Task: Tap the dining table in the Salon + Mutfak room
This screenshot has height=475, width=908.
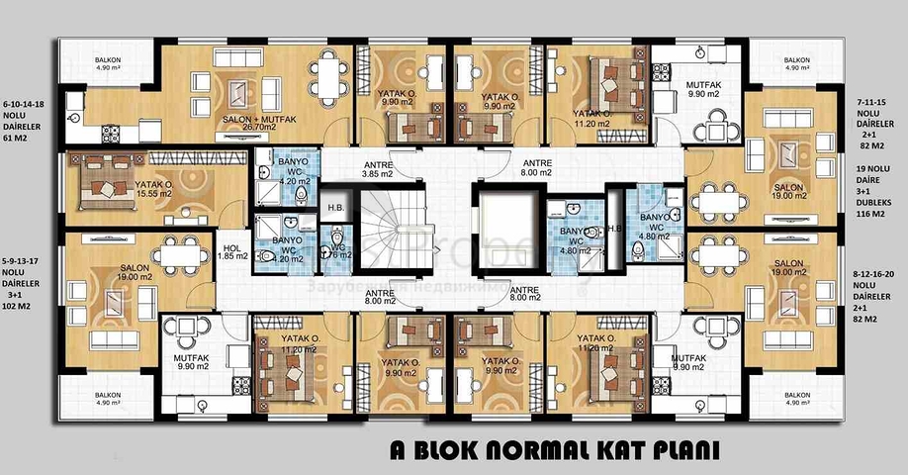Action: tap(325, 71)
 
